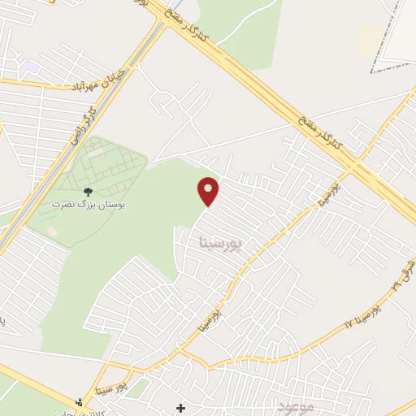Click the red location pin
coord(209,191)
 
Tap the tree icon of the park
coord(88,192)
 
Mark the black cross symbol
coord(180,407)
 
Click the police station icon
coord(79,401)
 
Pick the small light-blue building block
coord(32,65)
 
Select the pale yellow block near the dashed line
coord(370,38)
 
